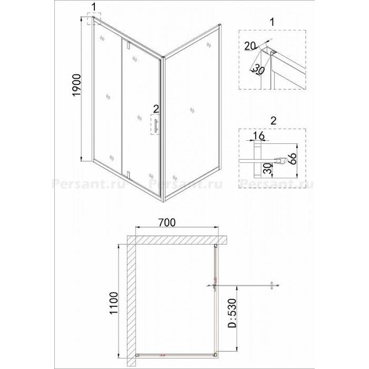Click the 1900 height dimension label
click(77, 85)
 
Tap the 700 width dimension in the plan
click(167, 222)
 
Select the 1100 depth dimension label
click(113, 303)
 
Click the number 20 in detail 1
click(250, 46)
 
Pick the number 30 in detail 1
click(259, 70)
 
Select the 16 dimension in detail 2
click(259, 136)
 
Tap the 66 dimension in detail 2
click(292, 160)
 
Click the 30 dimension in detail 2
click(267, 169)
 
